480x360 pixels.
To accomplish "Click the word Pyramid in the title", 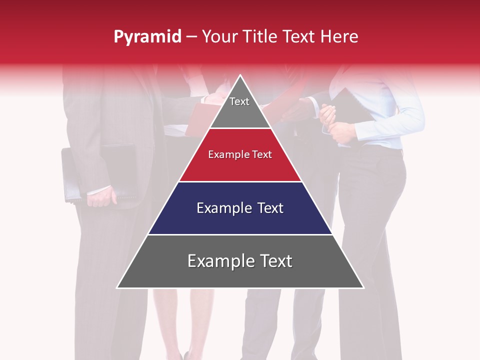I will (x=147, y=37).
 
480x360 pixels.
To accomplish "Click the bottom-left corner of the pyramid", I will (x=118, y=287).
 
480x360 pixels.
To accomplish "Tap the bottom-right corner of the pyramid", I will (x=363, y=287).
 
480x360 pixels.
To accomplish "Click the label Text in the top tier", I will (x=239, y=101).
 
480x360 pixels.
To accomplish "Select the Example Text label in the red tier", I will (x=240, y=154).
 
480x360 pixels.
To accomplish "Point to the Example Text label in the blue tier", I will (x=240, y=208).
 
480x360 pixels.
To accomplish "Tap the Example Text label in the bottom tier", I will (x=240, y=261).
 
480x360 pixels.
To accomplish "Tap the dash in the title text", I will (x=191, y=37).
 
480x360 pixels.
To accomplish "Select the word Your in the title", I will (x=219, y=36).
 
